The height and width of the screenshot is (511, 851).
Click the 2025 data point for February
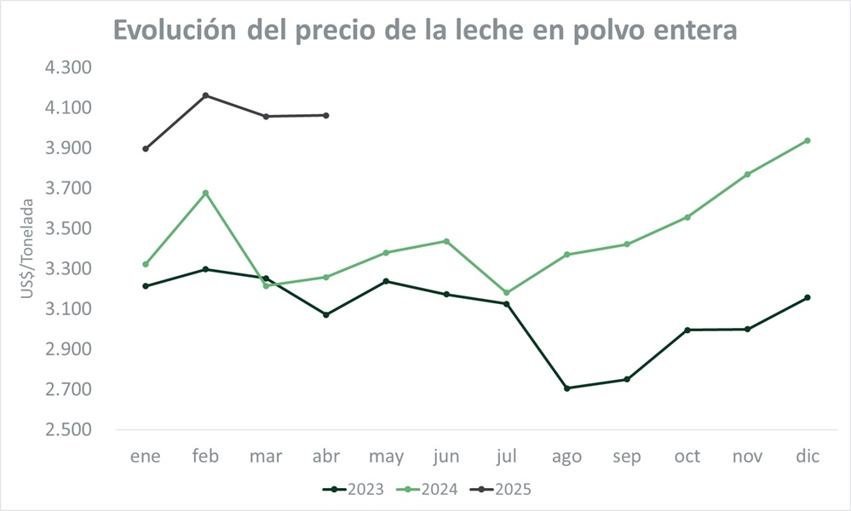206,95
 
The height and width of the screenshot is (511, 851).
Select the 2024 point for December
808,141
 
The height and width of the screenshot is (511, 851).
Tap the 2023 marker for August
566,388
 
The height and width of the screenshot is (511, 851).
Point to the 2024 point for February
206,193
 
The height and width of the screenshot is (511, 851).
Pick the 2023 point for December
808,297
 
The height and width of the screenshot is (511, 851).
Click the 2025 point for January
146,148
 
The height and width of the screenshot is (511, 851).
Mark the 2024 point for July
507,293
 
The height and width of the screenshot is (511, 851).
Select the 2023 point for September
627,379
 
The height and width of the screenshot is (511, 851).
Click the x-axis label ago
566,457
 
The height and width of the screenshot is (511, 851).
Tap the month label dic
808,457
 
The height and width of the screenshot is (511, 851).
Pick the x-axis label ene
146,457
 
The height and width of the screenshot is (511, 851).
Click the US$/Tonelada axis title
28,249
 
